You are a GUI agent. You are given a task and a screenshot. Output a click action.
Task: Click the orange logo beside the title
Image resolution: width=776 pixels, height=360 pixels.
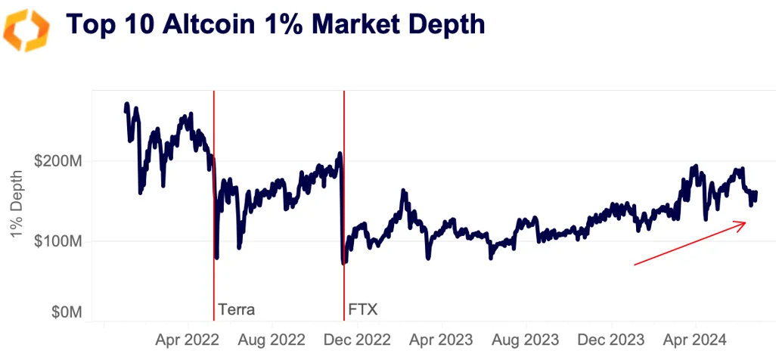(x=27, y=28)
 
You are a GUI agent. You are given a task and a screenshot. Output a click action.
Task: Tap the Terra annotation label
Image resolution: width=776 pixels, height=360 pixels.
(x=237, y=309)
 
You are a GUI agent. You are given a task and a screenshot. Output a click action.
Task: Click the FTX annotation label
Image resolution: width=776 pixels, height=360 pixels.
(x=363, y=309)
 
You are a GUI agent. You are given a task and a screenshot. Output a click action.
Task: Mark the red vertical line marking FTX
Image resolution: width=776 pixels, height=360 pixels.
(x=344, y=227)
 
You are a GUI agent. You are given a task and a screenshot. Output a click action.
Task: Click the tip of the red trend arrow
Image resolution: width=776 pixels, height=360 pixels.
(x=746, y=222)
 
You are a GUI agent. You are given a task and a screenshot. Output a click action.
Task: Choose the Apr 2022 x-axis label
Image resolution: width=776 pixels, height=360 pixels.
(x=186, y=339)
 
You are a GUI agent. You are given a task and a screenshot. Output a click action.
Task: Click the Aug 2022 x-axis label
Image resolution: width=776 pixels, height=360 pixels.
(x=272, y=339)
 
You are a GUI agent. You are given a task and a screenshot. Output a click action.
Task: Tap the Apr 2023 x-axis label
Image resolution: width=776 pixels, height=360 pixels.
(x=443, y=339)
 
